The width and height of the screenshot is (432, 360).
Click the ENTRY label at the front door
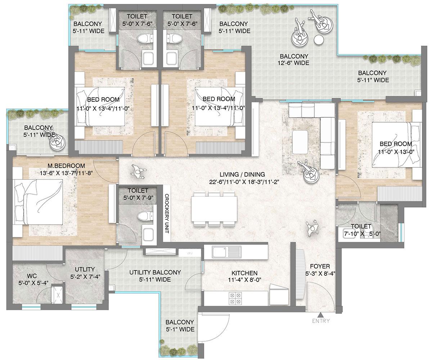click(320, 321)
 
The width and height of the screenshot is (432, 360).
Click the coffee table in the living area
click(300, 142)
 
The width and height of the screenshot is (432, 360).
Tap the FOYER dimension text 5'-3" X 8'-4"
click(320, 273)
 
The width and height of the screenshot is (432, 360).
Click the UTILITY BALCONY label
click(155, 273)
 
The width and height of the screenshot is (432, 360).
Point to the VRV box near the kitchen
click(189, 253)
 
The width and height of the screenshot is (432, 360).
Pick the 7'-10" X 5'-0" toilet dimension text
click(361, 233)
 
